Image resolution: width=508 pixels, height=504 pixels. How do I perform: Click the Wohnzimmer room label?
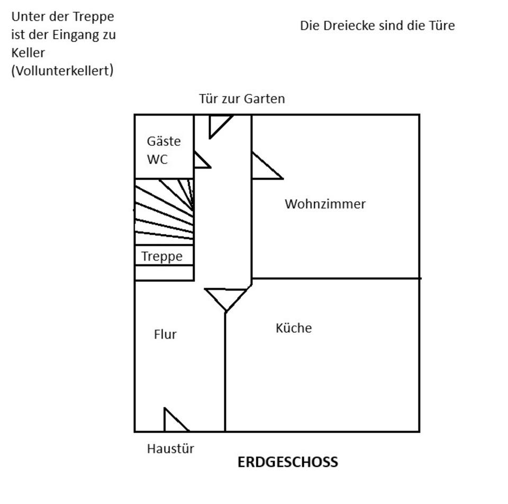click(x=325, y=204)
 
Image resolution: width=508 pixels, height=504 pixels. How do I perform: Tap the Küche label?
click(x=294, y=328)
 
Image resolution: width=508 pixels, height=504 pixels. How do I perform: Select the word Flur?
click(x=165, y=334)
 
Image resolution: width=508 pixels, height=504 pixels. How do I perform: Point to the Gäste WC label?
click(x=164, y=150)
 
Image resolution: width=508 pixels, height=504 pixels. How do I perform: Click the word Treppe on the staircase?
click(x=162, y=257)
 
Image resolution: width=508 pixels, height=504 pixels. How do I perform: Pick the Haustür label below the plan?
click(x=170, y=449)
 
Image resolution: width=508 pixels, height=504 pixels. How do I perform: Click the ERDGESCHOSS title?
click(x=287, y=462)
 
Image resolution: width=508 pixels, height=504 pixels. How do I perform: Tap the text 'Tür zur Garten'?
click(x=242, y=99)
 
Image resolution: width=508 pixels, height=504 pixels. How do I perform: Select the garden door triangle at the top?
click(x=217, y=124)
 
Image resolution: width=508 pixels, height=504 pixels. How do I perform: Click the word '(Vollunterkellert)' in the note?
click(x=62, y=70)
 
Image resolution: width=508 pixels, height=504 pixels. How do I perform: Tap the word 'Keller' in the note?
click(x=28, y=52)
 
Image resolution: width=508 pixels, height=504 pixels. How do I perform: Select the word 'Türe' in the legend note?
click(x=441, y=25)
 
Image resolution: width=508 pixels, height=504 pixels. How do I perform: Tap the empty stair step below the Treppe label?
click(x=164, y=272)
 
